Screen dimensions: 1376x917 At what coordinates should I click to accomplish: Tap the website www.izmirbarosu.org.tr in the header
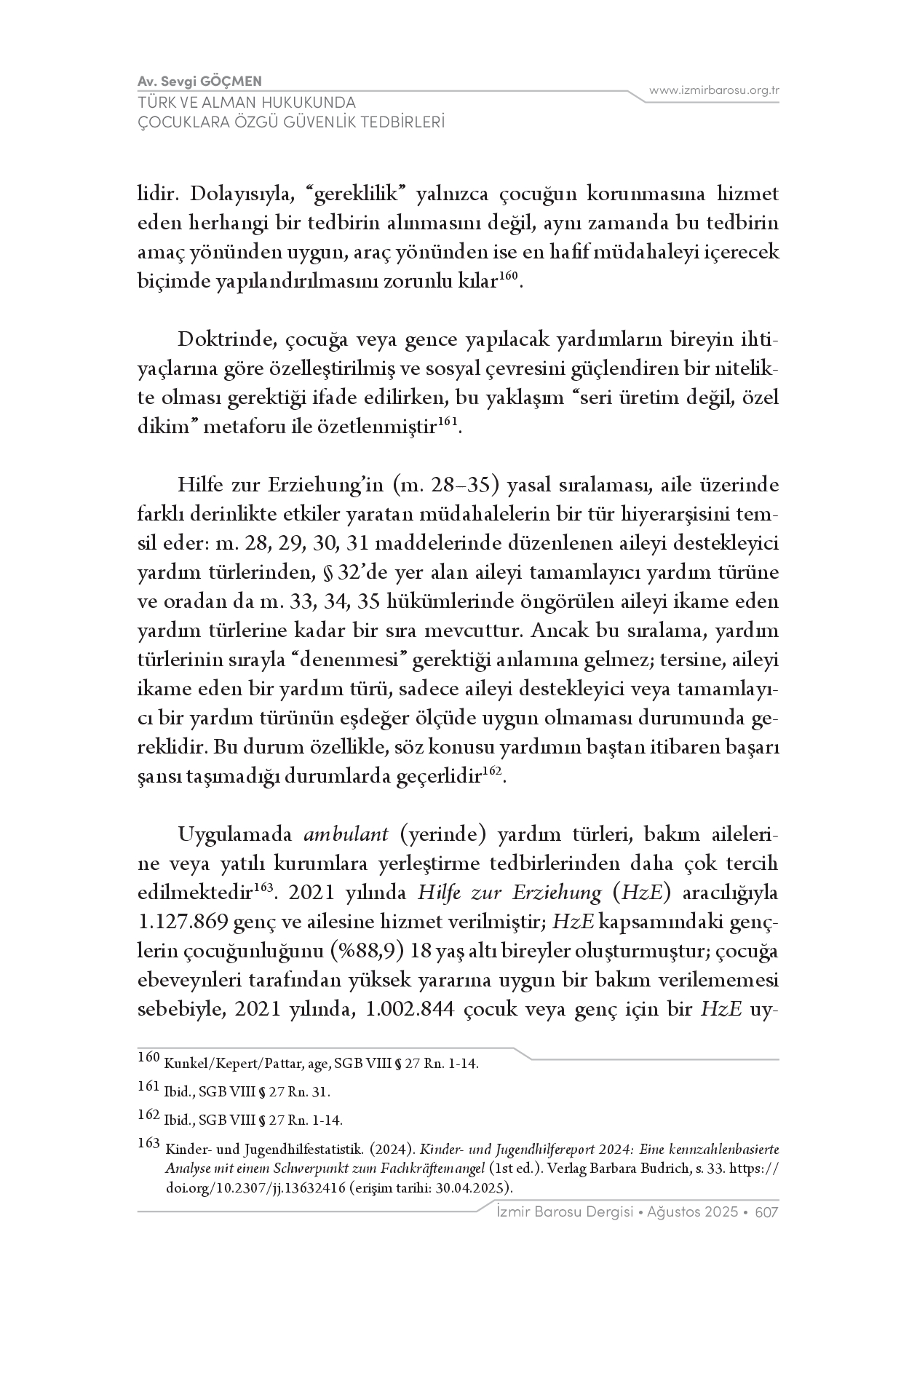(x=714, y=90)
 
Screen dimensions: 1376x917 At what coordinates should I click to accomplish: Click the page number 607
(x=767, y=1212)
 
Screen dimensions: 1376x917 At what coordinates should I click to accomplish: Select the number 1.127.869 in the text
(x=182, y=922)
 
